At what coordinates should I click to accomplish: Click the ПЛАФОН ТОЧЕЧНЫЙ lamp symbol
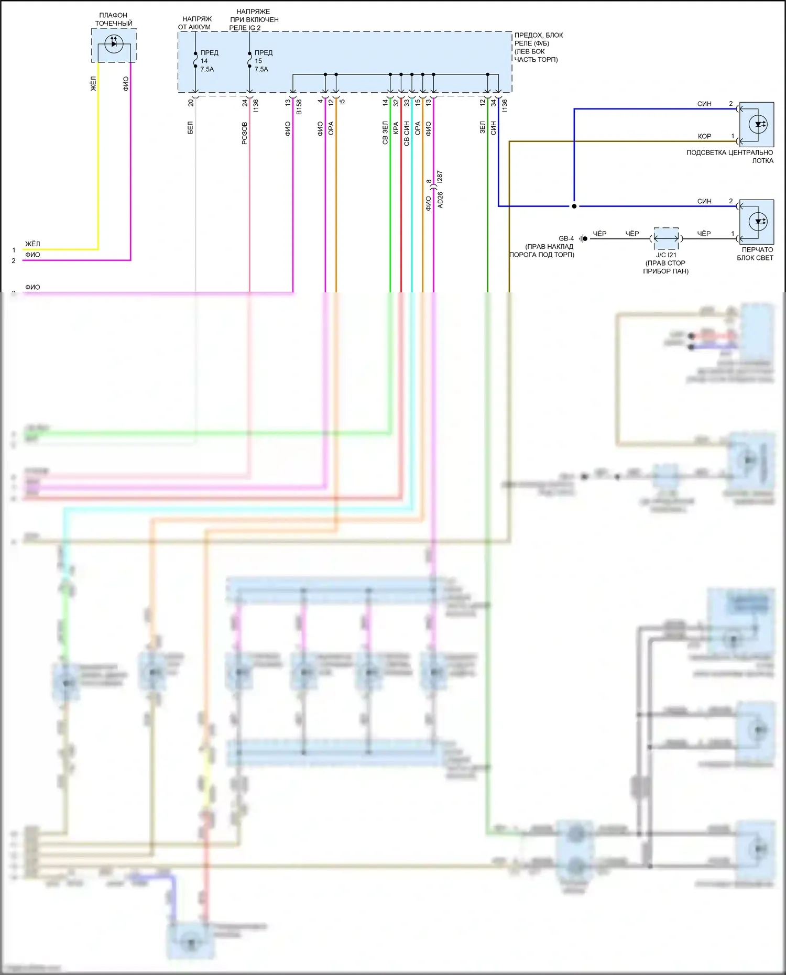(114, 44)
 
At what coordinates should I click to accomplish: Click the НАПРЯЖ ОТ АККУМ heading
(195, 23)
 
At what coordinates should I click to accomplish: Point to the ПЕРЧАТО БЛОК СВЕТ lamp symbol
(758, 222)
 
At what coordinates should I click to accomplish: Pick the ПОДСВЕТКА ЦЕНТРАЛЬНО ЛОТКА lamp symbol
(758, 125)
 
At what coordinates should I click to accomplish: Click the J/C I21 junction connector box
(666, 238)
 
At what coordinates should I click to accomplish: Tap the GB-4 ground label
(566, 238)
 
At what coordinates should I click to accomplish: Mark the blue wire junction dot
(574, 206)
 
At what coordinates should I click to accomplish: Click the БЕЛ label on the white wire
(190, 127)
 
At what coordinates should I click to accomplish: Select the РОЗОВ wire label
(245, 133)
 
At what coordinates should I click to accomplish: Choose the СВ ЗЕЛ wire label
(385, 133)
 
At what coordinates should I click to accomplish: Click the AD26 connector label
(440, 200)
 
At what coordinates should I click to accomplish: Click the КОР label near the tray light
(704, 136)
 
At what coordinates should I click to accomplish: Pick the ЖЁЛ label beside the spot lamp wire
(93, 84)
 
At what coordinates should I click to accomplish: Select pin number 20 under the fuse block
(191, 103)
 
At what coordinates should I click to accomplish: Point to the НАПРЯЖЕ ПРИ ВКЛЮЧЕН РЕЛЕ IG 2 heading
(254, 19)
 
